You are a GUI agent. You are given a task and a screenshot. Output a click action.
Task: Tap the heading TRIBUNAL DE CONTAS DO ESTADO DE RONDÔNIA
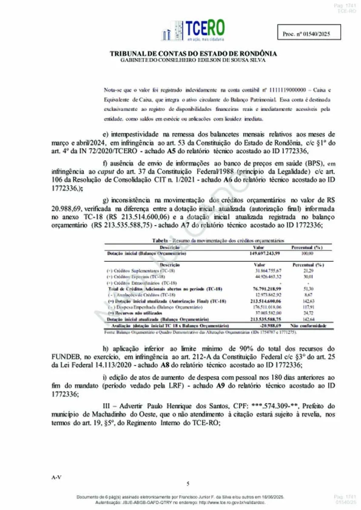[193, 54]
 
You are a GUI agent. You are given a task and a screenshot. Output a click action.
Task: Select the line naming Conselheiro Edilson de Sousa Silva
[193, 60]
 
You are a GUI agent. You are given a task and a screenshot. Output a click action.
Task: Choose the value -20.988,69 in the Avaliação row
[267, 325]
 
